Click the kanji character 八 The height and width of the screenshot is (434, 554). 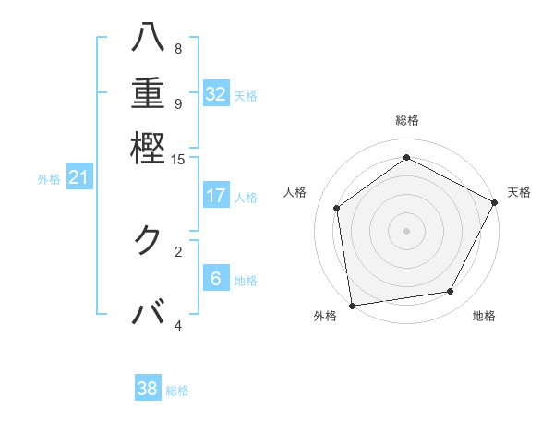click(x=148, y=38)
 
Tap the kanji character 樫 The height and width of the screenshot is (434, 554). click(x=148, y=148)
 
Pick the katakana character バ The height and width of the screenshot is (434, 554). click(x=148, y=313)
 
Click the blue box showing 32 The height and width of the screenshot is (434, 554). click(x=216, y=94)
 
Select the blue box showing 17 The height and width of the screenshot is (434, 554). click(x=216, y=196)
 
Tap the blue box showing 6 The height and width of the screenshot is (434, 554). click(x=216, y=279)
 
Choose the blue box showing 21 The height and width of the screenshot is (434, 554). click(x=78, y=177)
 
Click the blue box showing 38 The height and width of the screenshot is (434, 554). click(x=148, y=389)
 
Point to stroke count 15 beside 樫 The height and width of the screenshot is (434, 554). click(x=178, y=160)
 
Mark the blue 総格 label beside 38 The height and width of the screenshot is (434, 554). click(x=177, y=391)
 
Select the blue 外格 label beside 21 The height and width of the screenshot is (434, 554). click(x=49, y=179)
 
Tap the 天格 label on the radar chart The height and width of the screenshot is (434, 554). click(x=519, y=192)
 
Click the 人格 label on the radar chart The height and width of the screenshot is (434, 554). click(x=295, y=192)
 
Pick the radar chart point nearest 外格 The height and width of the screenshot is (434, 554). click(x=351, y=305)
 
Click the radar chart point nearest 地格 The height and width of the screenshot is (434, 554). click(x=451, y=292)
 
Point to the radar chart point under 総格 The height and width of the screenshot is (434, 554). click(x=406, y=158)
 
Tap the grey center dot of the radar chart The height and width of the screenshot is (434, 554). click(x=406, y=230)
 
